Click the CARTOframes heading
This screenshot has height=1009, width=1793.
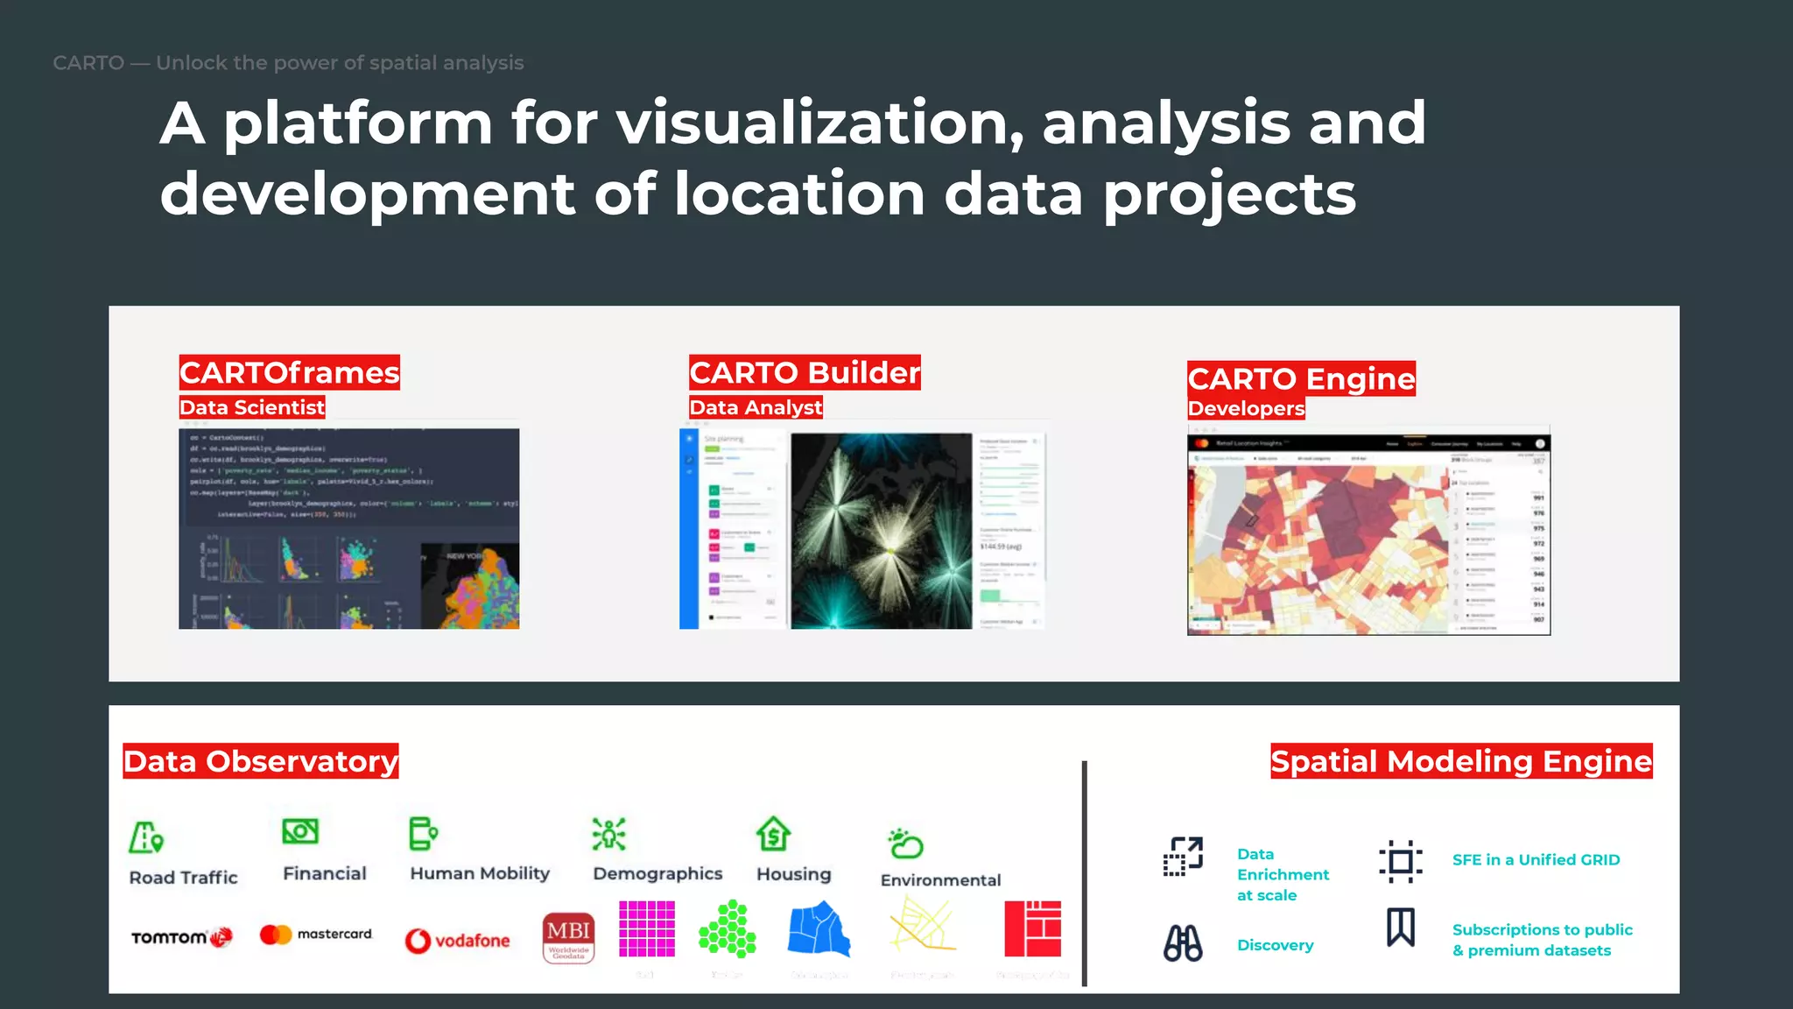pyautogui.click(x=289, y=372)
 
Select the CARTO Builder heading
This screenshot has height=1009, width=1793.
pyautogui.click(x=804, y=372)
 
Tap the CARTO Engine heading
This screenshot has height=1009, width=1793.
pyautogui.click(x=1300, y=378)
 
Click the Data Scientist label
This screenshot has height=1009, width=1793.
pyautogui.click(x=251, y=407)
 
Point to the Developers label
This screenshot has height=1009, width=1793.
pyautogui.click(x=1245, y=408)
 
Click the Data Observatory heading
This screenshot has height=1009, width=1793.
pyautogui.click(x=260, y=761)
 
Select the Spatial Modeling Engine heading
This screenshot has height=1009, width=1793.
pyautogui.click(x=1460, y=761)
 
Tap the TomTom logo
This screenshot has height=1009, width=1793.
pyautogui.click(x=181, y=937)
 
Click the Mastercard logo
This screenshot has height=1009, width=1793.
pyautogui.click(x=316, y=935)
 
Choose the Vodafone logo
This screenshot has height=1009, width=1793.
pyautogui.click(x=457, y=941)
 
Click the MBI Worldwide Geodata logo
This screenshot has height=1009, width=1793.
pyautogui.click(x=568, y=938)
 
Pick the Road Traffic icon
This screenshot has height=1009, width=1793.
pyautogui.click(x=145, y=837)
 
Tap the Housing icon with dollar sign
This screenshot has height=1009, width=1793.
pyautogui.click(x=773, y=834)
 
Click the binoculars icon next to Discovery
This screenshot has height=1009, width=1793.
pyautogui.click(x=1182, y=943)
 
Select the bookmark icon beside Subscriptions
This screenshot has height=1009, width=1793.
pyautogui.click(x=1400, y=927)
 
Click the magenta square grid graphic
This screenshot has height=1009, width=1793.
pyautogui.click(x=646, y=928)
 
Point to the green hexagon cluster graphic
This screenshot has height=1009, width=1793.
pyautogui.click(x=728, y=928)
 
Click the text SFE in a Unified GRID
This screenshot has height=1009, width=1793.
pyautogui.click(x=1536, y=860)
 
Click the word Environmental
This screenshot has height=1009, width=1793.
pyautogui.click(x=940, y=880)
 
